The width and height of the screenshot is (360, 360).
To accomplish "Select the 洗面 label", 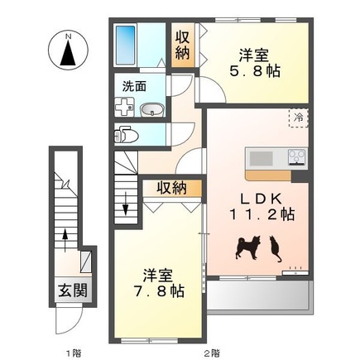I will click(136, 85).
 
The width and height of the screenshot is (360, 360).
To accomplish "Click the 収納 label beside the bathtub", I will click(181, 46).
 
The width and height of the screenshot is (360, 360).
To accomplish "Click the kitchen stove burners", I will click(297, 156).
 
